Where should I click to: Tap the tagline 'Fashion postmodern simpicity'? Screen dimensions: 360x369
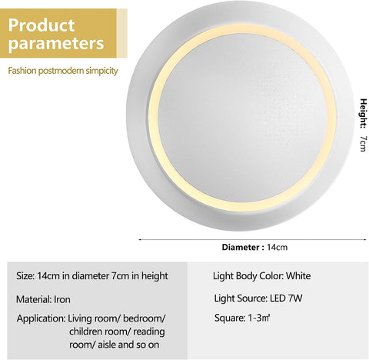point(63,71)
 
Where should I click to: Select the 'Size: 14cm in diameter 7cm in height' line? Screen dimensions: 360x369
point(91,275)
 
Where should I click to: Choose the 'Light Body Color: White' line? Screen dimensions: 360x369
point(261,275)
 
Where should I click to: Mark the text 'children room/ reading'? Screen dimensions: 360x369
point(116,331)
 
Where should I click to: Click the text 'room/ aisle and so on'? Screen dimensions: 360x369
point(115,344)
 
